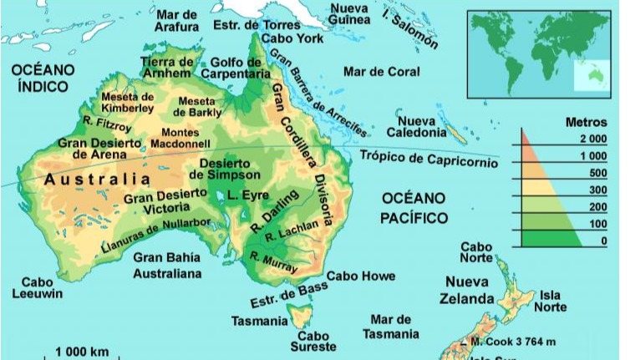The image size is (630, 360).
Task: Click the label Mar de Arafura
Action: point(176,20)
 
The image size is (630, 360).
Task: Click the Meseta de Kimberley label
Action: point(127,102)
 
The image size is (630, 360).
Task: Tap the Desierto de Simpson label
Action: point(220,169)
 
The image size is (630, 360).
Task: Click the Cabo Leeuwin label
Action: point(37,288)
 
